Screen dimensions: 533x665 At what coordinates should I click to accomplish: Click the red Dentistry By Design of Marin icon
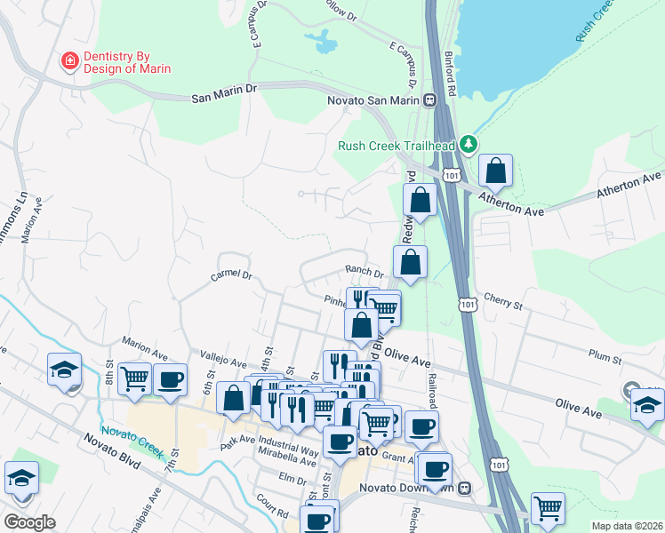tap(68, 61)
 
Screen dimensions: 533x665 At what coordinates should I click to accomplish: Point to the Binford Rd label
tap(450, 75)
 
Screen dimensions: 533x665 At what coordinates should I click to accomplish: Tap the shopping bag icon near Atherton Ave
tap(496, 171)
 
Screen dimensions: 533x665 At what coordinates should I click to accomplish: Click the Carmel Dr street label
tap(231, 276)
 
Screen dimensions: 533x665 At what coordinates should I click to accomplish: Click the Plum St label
tap(605, 356)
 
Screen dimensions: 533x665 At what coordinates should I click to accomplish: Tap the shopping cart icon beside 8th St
tap(134, 379)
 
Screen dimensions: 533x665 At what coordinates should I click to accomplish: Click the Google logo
tap(30, 522)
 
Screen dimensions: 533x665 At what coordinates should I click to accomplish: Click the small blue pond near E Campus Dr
tap(319, 40)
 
